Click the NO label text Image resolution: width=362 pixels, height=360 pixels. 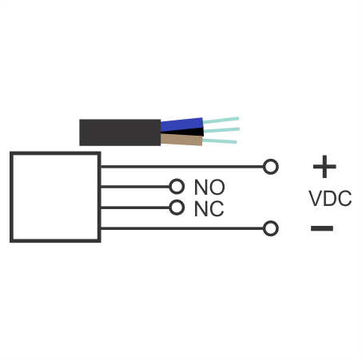point(209,188)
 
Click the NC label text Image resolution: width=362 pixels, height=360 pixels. point(209,208)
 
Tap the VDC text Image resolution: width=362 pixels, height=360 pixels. point(330,198)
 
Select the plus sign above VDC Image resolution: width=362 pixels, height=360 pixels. point(324,167)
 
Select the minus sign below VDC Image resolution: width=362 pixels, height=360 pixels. point(322,228)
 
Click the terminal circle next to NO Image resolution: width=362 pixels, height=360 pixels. point(177,187)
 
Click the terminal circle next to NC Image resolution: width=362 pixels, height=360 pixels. point(177,208)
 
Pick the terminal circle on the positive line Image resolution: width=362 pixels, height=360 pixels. point(271,167)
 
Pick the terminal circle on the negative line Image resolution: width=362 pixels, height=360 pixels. point(271,228)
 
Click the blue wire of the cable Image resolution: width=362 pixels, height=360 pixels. point(181,125)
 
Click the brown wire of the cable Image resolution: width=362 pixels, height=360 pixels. point(181,140)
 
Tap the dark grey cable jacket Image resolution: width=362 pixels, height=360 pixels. point(120,133)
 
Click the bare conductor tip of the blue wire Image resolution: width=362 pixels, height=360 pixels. point(221,121)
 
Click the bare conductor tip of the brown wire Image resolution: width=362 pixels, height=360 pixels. point(220,141)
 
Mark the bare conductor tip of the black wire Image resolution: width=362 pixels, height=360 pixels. point(221,130)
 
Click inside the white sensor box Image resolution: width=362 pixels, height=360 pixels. point(55,197)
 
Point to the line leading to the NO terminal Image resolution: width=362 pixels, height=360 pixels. point(135,187)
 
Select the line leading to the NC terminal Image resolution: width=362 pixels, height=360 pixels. point(135,208)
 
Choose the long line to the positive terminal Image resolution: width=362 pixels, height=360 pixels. point(182,167)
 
